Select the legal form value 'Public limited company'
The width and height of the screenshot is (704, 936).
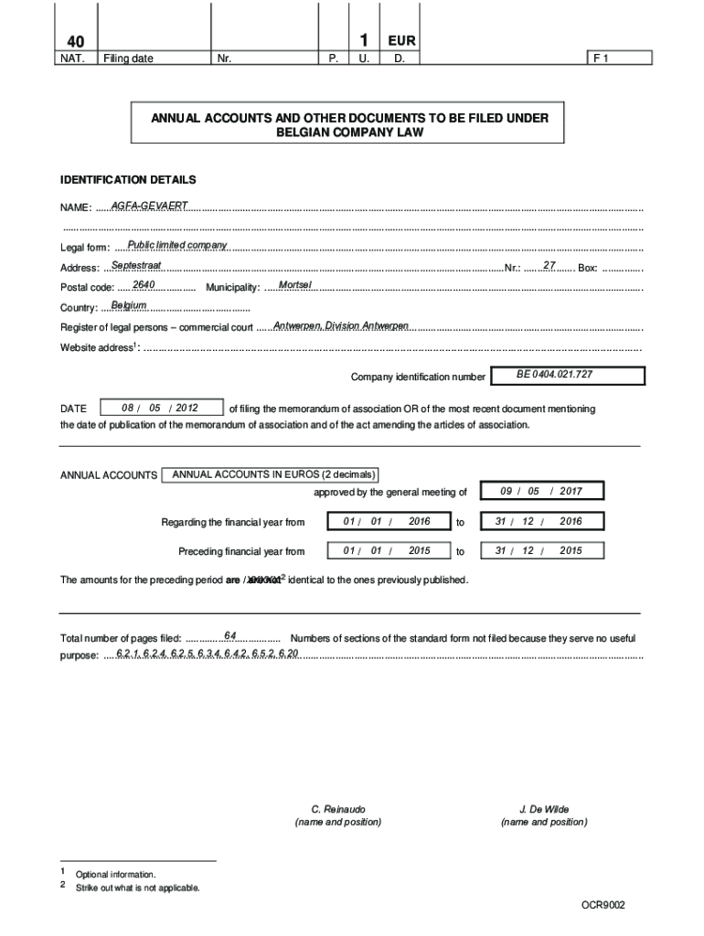pyautogui.click(x=177, y=244)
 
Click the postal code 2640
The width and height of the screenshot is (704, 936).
pyautogui.click(x=144, y=285)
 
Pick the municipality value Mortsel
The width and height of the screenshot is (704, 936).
pyautogui.click(x=295, y=285)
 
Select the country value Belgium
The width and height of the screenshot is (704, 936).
pyautogui.click(x=129, y=304)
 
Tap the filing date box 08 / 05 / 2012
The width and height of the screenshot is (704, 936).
pyautogui.click(x=160, y=408)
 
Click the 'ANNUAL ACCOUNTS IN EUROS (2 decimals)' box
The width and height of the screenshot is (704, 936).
pyautogui.click(x=271, y=474)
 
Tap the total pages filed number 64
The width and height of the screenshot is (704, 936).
pyautogui.click(x=230, y=634)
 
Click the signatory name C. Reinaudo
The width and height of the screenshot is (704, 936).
pyautogui.click(x=338, y=809)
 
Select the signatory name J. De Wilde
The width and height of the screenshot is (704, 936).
pyautogui.click(x=544, y=809)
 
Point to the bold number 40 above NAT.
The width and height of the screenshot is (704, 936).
pyautogui.click(x=72, y=42)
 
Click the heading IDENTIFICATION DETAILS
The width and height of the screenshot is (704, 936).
pyautogui.click(x=128, y=180)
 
